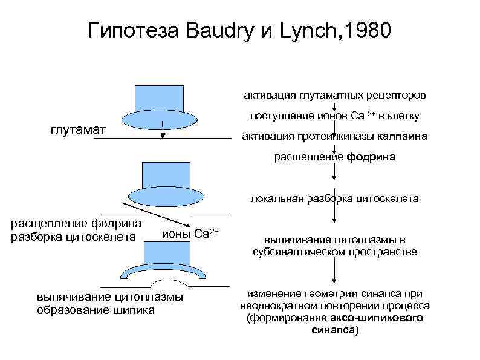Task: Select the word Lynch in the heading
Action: (305, 30)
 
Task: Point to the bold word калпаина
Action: (404, 136)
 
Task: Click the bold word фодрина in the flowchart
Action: (371, 157)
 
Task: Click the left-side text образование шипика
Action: (96, 310)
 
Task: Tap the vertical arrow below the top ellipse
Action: (163, 131)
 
